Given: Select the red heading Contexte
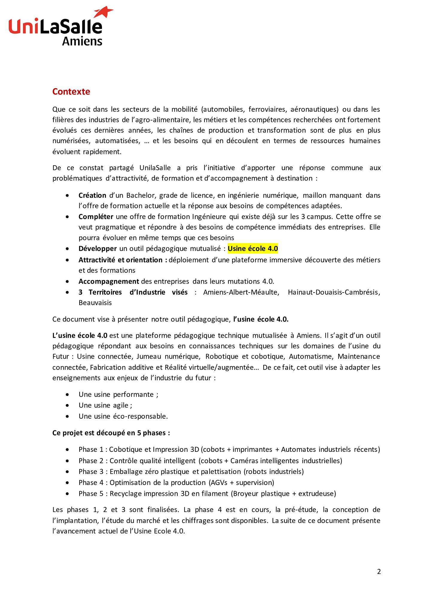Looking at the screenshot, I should tap(71, 91).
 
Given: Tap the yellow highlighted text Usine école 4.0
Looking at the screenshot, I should tap(253, 249).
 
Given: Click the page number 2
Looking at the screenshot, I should tap(379, 572).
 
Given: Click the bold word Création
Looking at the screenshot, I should tap(92, 195).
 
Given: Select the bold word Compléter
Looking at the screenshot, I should tap(96, 217).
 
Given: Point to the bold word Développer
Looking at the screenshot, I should tap(97, 249).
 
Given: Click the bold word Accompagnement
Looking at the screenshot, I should tap(109, 281).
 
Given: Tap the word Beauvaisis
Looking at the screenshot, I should tap(95, 303).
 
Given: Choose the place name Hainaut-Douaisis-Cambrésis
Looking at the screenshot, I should tap(334, 292).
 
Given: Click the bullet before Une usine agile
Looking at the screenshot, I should tap(68, 406).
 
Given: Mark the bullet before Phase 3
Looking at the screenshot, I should tap(68, 472).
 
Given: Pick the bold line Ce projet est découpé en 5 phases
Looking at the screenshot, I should tap(111, 433).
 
